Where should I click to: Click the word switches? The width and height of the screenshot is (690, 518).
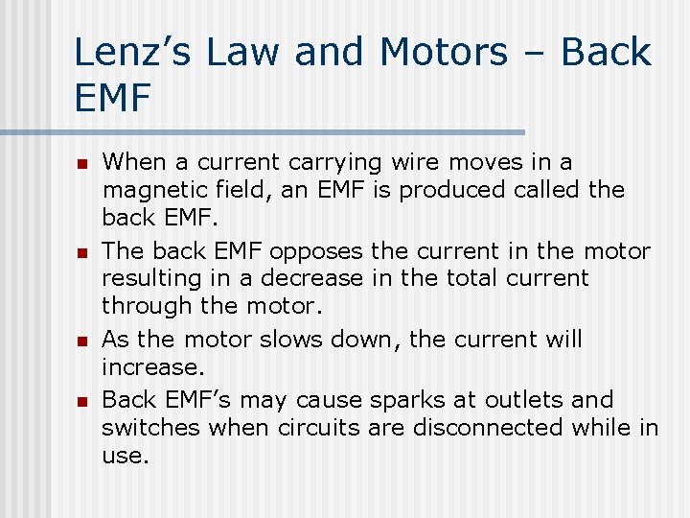coord(151,427)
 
